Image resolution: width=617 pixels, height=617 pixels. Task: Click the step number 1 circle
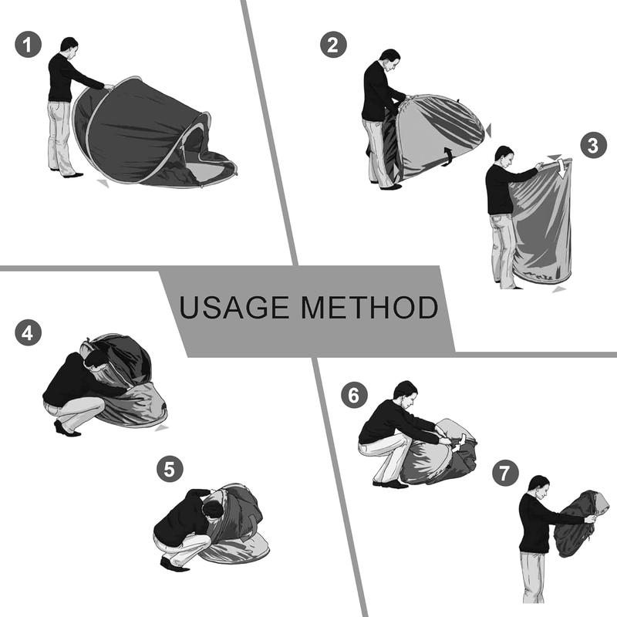(28, 45)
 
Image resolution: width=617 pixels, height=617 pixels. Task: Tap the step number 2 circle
(333, 45)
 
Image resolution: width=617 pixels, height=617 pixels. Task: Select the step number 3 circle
(594, 145)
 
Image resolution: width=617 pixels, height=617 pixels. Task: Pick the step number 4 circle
(28, 333)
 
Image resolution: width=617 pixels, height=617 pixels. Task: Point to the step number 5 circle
(170, 469)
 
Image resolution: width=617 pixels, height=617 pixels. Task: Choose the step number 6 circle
(354, 395)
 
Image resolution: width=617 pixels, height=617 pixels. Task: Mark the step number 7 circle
(505, 473)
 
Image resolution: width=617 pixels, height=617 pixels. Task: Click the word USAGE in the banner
(234, 307)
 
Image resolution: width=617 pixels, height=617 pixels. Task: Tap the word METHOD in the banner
(369, 307)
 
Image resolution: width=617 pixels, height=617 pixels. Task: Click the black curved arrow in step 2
(448, 157)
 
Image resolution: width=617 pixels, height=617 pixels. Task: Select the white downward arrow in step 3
(563, 167)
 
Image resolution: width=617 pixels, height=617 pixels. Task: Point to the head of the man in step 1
(69, 46)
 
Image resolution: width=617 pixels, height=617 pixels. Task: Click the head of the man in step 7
(538, 486)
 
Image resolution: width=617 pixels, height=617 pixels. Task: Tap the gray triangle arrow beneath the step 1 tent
(103, 183)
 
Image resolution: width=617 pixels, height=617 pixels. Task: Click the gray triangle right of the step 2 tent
(488, 130)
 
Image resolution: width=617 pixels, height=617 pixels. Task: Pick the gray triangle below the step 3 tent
(558, 290)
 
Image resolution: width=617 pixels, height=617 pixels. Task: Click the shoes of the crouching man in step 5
(174, 565)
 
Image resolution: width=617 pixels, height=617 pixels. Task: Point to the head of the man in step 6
(406, 393)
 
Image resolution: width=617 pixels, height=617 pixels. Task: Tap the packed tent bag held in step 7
(575, 524)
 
